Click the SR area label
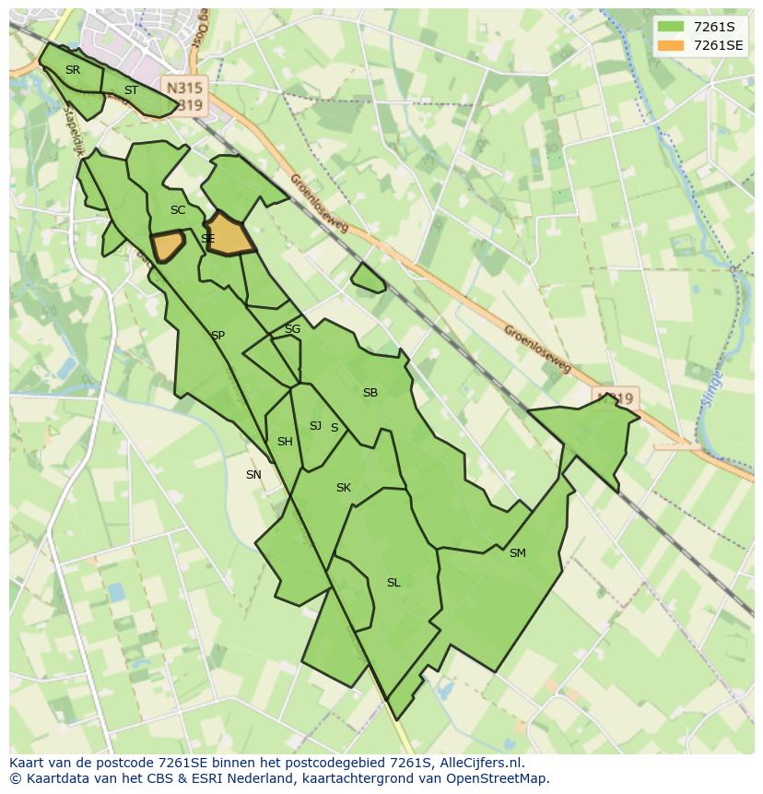[x=73, y=70]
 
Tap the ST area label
[x=131, y=90]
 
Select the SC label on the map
[x=178, y=210]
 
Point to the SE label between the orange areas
[x=208, y=239]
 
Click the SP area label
[x=217, y=336]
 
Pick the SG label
[x=292, y=329]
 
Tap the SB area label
[x=370, y=393]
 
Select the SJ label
[x=315, y=426]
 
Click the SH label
[x=285, y=442]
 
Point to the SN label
[x=253, y=475]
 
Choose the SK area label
[x=344, y=488]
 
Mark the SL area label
[x=393, y=583]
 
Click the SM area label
[x=517, y=553]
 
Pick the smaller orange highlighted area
[x=168, y=246]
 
